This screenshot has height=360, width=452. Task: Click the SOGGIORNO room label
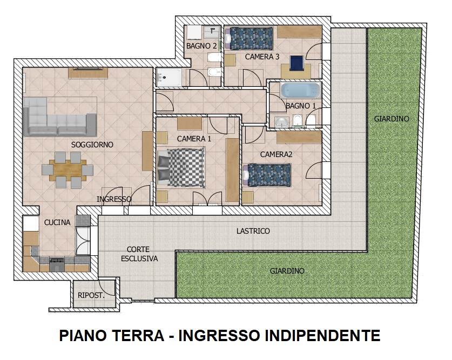[92, 145]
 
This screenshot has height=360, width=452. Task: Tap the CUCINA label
[57, 222]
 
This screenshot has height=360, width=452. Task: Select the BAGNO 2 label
[201, 46]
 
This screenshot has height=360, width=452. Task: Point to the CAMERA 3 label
[262, 57]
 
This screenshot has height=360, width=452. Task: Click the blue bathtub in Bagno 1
[300, 90]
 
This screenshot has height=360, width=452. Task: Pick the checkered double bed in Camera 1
[181, 167]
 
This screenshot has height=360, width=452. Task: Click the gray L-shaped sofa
[60, 117]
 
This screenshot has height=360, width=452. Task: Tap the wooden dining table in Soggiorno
[68, 170]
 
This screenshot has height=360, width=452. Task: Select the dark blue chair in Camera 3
[296, 63]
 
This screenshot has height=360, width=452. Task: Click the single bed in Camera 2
[267, 175]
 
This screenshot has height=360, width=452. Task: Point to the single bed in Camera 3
[249, 38]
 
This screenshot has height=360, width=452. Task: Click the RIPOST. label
[91, 295]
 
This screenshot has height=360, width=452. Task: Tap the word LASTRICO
[253, 231]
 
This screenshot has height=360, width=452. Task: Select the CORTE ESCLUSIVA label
[139, 254]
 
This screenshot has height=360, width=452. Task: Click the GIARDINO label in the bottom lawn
[287, 271]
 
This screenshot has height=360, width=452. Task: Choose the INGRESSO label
[114, 199]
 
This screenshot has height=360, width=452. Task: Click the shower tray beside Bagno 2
[169, 77]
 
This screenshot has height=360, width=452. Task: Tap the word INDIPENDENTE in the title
[323, 336]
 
